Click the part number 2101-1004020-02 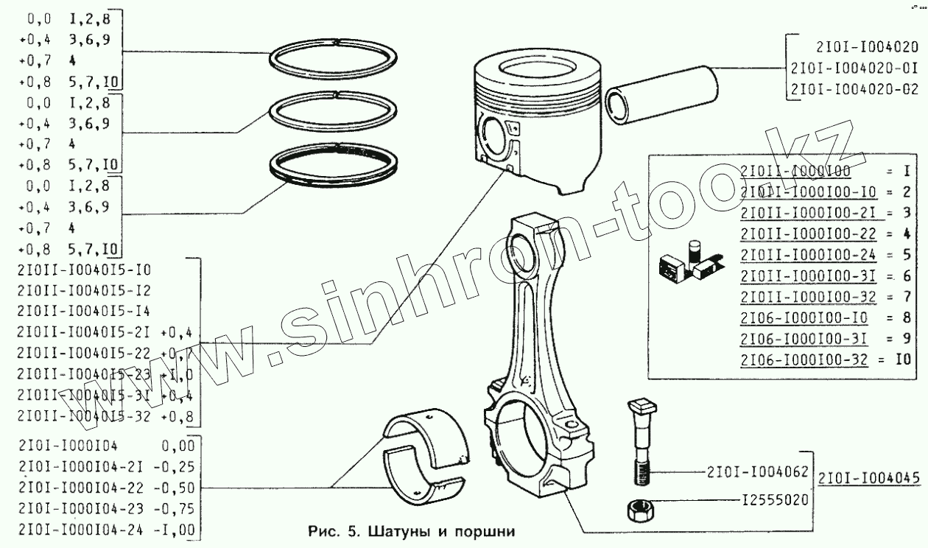pos(853,89)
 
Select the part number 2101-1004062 pos(758,471)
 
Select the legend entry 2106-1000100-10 pos(804,318)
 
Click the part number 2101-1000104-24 pos(70,528)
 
